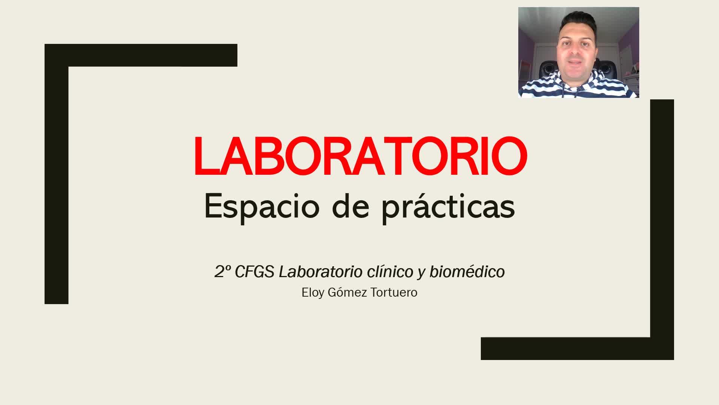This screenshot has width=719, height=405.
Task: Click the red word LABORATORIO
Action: point(361,156)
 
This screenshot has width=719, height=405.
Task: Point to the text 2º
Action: point(223,272)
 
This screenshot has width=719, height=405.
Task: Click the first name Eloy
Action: point(313,292)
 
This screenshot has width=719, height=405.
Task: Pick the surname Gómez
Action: point(347,292)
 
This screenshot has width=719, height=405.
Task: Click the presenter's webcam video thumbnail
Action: point(579,52)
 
